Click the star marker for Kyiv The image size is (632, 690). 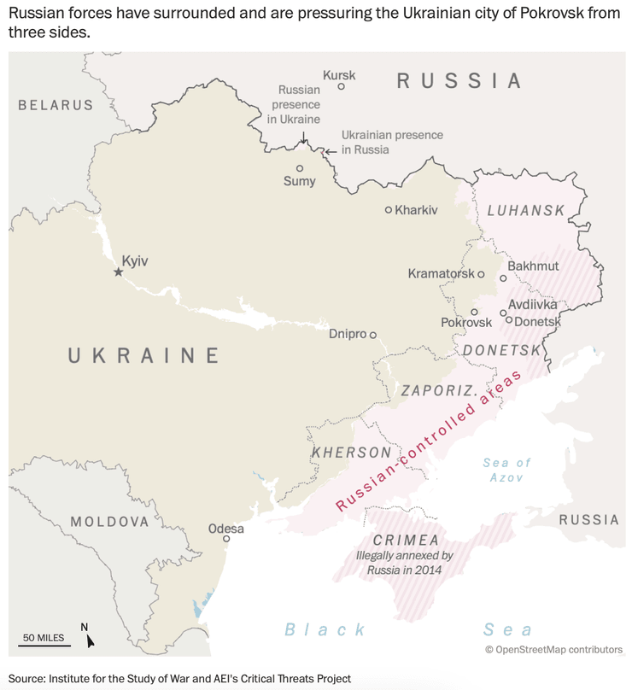pyautogui.click(x=118, y=272)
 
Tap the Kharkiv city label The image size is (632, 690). pyautogui.click(x=416, y=209)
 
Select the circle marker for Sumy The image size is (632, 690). pyautogui.click(x=300, y=168)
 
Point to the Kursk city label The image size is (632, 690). pyautogui.click(x=339, y=75)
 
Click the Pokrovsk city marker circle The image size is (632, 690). pyautogui.click(x=474, y=312)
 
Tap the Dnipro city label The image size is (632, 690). pyautogui.click(x=347, y=335)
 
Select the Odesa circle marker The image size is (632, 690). pyautogui.click(x=226, y=539)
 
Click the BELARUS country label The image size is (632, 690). pyautogui.click(x=56, y=105)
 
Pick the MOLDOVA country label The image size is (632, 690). pyautogui.click(x=109, y=521)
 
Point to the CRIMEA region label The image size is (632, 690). pyautogui.click(x=406, y=540)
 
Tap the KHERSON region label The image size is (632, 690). pyautogui.click(x=351, y=452)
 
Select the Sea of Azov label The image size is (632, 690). pyautogui.click(x=506, y=470)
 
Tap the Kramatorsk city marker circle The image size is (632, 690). pyautogui.click(x=481, y=274)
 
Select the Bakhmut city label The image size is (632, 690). pyautogui.click(x=533, y=266)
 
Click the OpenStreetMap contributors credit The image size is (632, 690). pyautogui.click(x=553, y=650)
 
